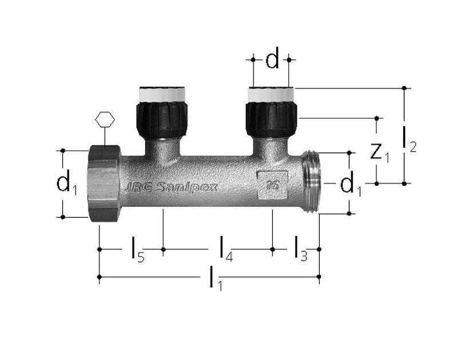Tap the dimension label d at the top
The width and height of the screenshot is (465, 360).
(x=273, y=59)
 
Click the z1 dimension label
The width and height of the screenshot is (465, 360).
(x=378, y=153)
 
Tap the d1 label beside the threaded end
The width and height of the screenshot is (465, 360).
(x=349, y=184)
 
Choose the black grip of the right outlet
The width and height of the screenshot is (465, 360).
(x=272, y=118)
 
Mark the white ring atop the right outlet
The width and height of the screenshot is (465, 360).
(x=272, y=94)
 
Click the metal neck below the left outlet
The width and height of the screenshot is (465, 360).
(x=162, y=147)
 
